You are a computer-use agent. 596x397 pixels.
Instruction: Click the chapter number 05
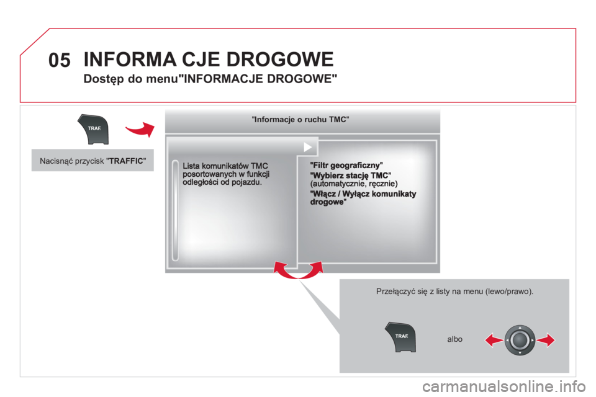pos(60,60)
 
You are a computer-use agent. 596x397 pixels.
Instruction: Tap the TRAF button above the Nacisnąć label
pos(94,129)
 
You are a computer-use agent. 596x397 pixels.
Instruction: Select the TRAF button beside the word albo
pos(400,337)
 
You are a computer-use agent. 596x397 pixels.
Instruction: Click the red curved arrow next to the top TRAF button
pos(140,130)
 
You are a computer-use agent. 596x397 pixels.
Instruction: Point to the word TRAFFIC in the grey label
pos(126,161)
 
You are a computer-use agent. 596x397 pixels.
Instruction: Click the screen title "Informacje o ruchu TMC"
pos(300,120)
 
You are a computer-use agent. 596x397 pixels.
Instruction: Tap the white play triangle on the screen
pos(308,147)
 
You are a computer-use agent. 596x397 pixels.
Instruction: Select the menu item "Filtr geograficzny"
pos(346,165)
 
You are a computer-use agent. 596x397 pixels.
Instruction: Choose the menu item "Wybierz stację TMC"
pos(350,176)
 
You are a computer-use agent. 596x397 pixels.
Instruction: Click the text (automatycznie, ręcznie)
pos(354,184)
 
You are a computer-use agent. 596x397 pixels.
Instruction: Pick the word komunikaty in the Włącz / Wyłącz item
pos(394,194)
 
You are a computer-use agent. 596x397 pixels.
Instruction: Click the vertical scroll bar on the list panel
pos(175,210)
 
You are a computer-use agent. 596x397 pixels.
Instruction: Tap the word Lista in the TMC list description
pos(191,166)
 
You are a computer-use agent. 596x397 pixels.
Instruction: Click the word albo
pos(454,339)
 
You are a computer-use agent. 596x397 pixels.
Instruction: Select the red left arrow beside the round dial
pos(494,340)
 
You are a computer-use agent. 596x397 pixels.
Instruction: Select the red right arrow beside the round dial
pos(546,340)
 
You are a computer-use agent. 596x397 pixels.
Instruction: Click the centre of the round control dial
pos(520,340)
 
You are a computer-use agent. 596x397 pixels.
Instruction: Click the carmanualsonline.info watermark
pos(503,386)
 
